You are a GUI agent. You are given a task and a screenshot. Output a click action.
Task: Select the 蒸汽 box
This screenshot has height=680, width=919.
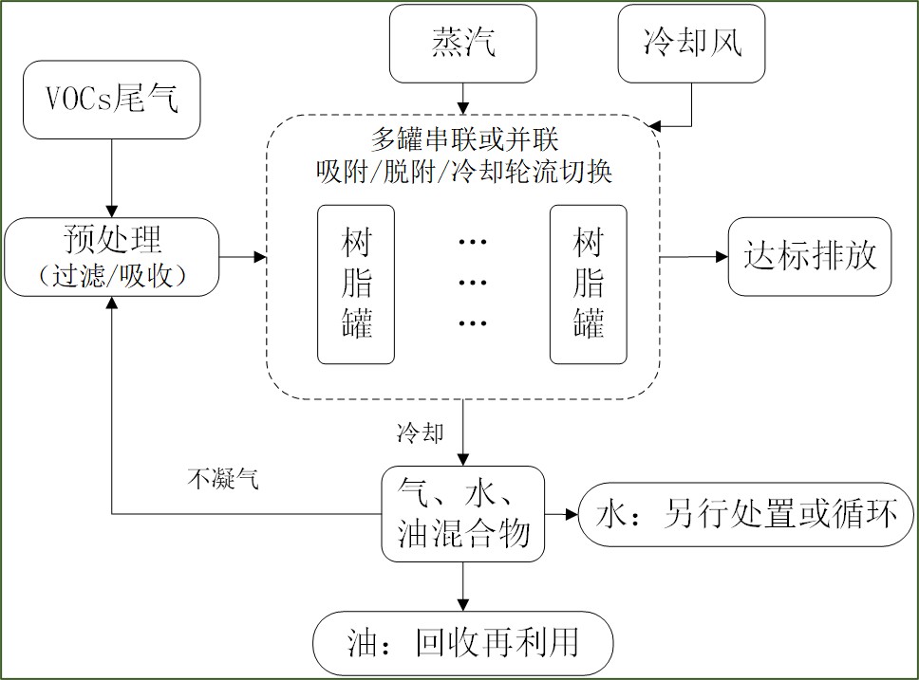coord(461,45)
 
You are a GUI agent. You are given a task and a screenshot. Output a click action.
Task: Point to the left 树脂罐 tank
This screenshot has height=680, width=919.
coord(356,285)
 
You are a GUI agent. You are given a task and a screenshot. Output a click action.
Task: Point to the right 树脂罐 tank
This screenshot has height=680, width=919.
coord(589,285)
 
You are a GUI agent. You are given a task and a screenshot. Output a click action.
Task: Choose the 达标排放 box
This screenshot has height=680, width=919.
coord(810,257)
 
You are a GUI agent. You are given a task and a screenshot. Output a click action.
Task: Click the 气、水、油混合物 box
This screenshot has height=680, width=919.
coord(463,513)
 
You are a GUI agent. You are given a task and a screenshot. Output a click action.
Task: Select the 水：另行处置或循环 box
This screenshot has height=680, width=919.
coord(745,515)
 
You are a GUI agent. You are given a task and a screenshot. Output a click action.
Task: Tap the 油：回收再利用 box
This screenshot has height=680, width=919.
coord(463,643)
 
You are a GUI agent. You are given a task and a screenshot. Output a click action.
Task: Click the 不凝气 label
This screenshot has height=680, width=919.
coord(222,480)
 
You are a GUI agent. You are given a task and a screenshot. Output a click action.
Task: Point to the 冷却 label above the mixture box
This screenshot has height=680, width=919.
coord(420,433)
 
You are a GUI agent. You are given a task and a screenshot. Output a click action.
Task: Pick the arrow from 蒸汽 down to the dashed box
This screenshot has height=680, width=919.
coord(463,97)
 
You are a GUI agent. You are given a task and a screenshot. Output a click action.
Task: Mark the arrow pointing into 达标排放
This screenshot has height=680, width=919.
coord(693,257)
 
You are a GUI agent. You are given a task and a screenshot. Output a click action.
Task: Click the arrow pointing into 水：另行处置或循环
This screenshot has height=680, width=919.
coord(563,515)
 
